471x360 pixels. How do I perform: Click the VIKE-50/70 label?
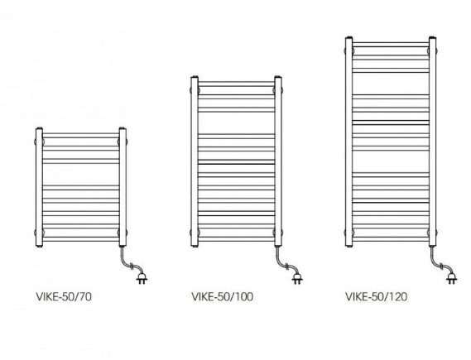(64, 296)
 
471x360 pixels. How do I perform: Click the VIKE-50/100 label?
(223, 296)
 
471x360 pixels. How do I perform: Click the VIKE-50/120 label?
(377, 296)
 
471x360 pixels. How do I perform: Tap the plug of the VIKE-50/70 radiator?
(142, 278)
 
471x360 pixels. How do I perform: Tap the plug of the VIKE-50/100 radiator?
(297, 278)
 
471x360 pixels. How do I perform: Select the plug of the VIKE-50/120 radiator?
(451, 278)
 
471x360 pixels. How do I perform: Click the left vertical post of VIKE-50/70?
(39, 187)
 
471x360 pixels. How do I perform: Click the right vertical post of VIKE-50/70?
(123, 187)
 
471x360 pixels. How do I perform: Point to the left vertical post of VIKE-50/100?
(195, 161)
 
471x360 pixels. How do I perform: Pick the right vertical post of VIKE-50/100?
(278, 161)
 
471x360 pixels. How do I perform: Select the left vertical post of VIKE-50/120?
(349, 142)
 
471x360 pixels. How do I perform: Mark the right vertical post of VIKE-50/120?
(433, 142)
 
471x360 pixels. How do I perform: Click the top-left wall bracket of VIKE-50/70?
(39, 142)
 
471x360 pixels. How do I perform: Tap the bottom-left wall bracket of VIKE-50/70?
(39, 232)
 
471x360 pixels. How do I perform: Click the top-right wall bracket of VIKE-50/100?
(278, 89)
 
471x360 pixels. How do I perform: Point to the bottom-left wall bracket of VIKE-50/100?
(195, 233)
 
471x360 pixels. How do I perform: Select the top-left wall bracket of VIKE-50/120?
(349, 50)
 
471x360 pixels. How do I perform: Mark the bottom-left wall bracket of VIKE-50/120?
(349, 232)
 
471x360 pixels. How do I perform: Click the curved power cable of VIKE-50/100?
(283, 263)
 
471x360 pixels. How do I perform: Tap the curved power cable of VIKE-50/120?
(438, 263)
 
